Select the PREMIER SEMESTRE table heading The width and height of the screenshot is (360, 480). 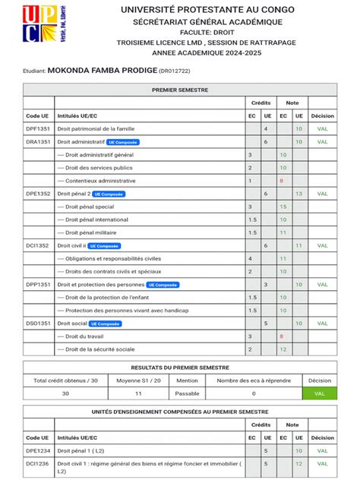click(x=179, y=90)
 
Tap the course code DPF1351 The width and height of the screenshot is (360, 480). click(x=38, y=129)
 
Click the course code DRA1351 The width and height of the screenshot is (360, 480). click(x=38, y=142)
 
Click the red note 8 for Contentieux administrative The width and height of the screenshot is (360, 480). click(x=281, y=181)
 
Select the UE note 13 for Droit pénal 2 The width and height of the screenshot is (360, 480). click(x=299, y=194)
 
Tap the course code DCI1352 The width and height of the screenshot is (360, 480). click(x=37, y=245)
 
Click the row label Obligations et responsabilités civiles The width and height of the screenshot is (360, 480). click(x=109, y=258)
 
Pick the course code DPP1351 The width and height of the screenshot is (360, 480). click(x=38, y=284)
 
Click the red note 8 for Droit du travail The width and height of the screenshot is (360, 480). click(x=281, y=336)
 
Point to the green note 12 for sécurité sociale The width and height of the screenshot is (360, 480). click(x=283, y=349)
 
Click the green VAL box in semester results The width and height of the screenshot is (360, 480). click(x=319, y=393)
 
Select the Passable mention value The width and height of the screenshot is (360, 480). click(x=187, y=393)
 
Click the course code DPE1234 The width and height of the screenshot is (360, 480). click(x=38, y=450)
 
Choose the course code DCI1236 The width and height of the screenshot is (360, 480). click(x=38, y=463)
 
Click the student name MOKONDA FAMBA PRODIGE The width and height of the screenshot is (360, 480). click(x=103, y=70)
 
